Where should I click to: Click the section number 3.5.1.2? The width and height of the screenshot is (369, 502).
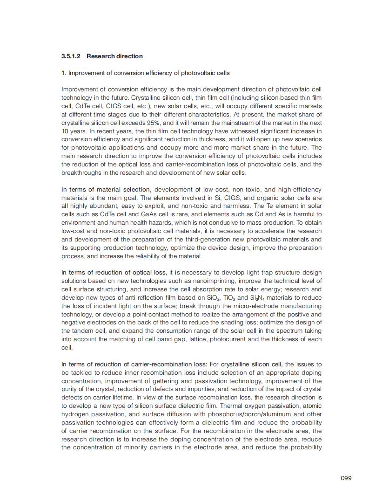[71, 56]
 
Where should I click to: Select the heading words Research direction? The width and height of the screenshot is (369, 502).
[114, 56]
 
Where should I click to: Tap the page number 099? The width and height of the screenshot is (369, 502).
[346, 478]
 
